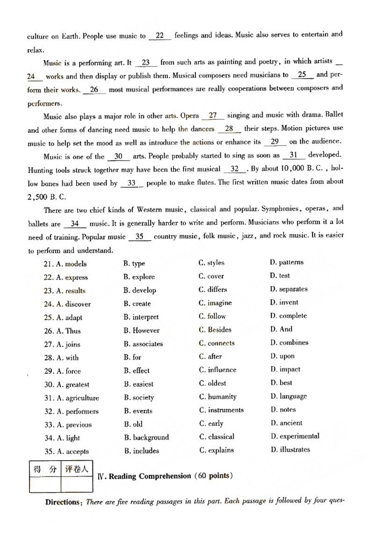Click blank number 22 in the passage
(160, 36)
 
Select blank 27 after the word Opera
(213, 116)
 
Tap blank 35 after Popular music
(139, 237)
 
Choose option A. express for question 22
(72, 278)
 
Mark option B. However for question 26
(142, 330)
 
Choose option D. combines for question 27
(289, 343)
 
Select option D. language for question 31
(288, 396)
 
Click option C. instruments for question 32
(221, 410)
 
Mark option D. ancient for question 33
(286, 423)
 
